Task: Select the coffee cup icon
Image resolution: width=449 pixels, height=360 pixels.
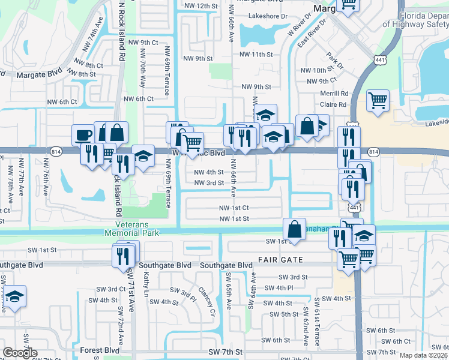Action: [x=83, y=134]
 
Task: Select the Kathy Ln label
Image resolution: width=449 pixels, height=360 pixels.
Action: [x=146, y=283]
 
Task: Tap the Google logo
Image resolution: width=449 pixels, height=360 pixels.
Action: [x=20, y=353]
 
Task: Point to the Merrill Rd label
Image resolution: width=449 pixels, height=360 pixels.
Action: [x=334, y=94]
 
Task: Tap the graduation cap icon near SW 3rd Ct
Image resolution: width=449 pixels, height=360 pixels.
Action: [x=15, y=296]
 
